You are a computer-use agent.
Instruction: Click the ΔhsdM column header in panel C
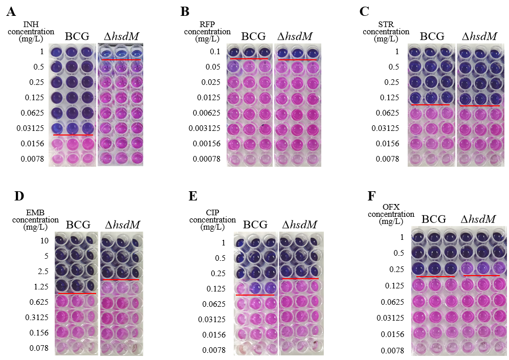[479, 36]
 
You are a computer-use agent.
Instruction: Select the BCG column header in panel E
[255, 225]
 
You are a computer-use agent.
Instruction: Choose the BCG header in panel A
[77, 36]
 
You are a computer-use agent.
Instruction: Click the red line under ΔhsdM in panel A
[121, 60]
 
